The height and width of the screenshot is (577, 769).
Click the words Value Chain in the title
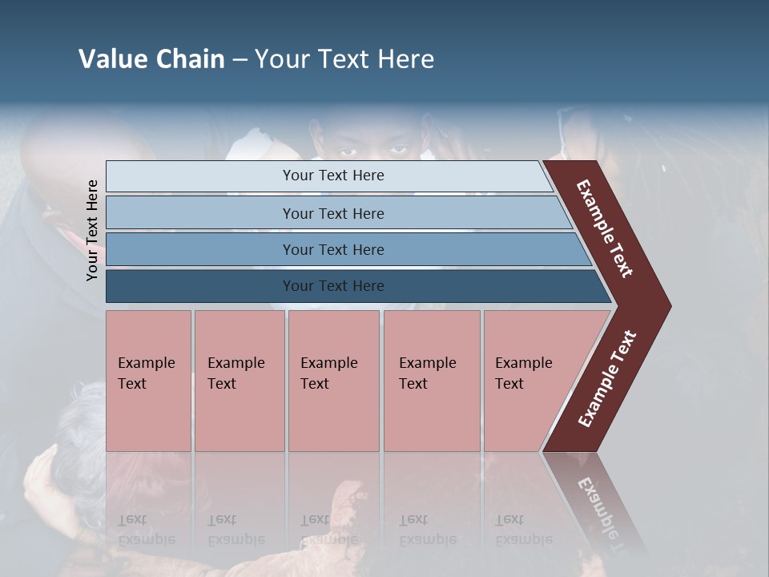tap(151, 59)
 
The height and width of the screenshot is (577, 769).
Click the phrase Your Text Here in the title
tap(344, 59)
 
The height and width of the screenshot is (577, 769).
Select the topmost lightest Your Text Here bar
tap(332, 176)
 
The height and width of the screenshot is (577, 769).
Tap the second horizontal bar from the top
tap(332, 213)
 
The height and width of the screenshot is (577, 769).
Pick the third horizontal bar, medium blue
tap(332, 249)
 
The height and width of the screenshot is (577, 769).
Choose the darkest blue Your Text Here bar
tap(332, 286)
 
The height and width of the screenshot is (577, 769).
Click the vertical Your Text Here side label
tap(92, 230)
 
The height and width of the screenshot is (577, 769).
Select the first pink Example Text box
tap(148, 381)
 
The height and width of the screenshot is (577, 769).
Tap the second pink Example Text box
tap(239, 381)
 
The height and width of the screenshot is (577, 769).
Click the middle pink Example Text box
tap(333, 381)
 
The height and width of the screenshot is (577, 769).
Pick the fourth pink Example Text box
tap(431, 381)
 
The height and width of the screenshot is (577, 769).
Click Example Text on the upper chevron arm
tap(605, 228)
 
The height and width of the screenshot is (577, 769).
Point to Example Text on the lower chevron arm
tap(607, 379)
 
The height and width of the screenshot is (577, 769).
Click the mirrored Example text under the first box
tap(147, 530)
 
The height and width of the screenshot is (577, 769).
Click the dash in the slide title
tap(240, 59)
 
